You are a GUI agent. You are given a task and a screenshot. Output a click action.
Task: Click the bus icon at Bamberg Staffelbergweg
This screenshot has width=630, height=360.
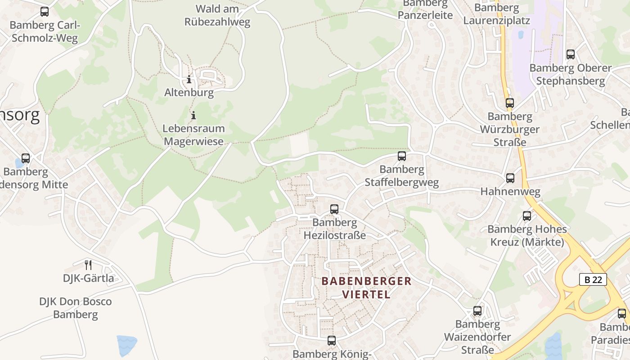(401, 156)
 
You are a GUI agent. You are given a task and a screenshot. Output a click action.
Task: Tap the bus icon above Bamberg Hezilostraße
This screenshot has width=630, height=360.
(334, 209)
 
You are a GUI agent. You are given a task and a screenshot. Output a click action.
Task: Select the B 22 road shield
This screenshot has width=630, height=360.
(593, 279)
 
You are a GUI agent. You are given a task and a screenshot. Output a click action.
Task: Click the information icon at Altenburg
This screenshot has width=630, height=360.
(189, 80)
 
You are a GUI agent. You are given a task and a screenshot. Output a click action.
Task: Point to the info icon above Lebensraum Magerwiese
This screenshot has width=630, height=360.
(193, 115)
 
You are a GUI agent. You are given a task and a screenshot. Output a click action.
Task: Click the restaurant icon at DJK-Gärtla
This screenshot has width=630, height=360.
(88, 265)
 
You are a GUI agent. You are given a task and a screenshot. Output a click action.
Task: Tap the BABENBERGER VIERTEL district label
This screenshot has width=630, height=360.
(366, 288)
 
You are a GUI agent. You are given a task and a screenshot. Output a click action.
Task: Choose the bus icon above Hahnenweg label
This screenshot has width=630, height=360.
(510, 178)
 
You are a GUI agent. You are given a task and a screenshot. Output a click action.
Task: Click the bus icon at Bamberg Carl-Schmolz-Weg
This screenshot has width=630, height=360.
(44, 12)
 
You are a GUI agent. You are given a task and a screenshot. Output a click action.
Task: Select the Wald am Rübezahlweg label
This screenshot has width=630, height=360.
(217, 15)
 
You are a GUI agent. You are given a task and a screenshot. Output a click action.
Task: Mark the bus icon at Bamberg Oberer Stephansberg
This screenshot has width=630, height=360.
(570, 54)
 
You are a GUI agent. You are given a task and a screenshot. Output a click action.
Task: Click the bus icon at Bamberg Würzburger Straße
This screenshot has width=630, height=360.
(509, 103)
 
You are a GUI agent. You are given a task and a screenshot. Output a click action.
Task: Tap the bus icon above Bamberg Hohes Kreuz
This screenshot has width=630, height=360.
(526, 216)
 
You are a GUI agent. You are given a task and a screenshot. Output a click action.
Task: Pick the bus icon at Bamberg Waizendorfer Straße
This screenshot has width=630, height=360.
(477, 311)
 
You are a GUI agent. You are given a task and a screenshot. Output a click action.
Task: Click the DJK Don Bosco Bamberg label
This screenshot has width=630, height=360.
(75, 308)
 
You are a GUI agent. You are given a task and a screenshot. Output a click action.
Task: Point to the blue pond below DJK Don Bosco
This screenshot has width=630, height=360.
(126, 346)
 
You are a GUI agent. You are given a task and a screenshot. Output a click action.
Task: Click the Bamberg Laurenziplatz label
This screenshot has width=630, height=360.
(496, 14)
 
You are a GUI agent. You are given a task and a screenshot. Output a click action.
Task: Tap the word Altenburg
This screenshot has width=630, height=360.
(189, 93)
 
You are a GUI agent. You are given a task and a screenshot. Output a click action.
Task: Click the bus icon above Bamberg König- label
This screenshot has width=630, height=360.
(332, 341)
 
